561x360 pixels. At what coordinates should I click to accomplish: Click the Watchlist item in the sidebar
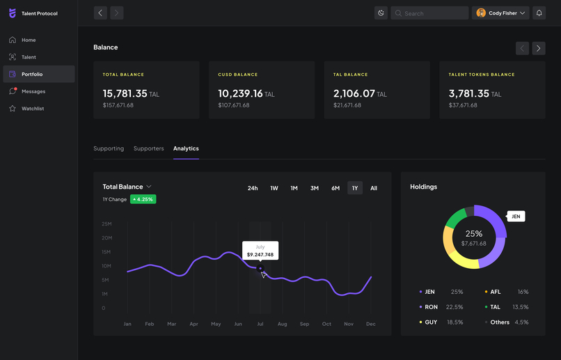click(32, 109)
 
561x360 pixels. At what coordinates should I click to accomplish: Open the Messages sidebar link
click(33, 91)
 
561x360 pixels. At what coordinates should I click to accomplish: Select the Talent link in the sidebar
click(28, 57)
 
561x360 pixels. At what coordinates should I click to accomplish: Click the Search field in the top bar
click(429, 13)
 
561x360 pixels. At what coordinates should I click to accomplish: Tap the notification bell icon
click(539, 13)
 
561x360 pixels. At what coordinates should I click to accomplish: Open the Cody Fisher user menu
click(501, 13)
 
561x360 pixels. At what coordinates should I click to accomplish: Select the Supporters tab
click(148, 148)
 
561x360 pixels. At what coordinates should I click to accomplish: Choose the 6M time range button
click(335, 188)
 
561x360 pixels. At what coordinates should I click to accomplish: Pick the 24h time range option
click(253, 188)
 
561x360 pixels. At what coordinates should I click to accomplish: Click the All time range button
click(374, 188)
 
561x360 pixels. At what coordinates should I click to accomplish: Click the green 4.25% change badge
click(143, 199)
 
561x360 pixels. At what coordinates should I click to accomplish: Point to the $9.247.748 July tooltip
click(260, 251)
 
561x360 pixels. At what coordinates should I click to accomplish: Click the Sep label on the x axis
click(304, 324)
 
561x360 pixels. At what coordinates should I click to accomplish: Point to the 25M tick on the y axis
click(106, 224)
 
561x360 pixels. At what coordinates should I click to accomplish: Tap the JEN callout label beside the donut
click(516, 217)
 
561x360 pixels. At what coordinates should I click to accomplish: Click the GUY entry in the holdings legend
click(431, 322)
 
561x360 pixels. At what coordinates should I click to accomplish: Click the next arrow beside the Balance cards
click(539, 48)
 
